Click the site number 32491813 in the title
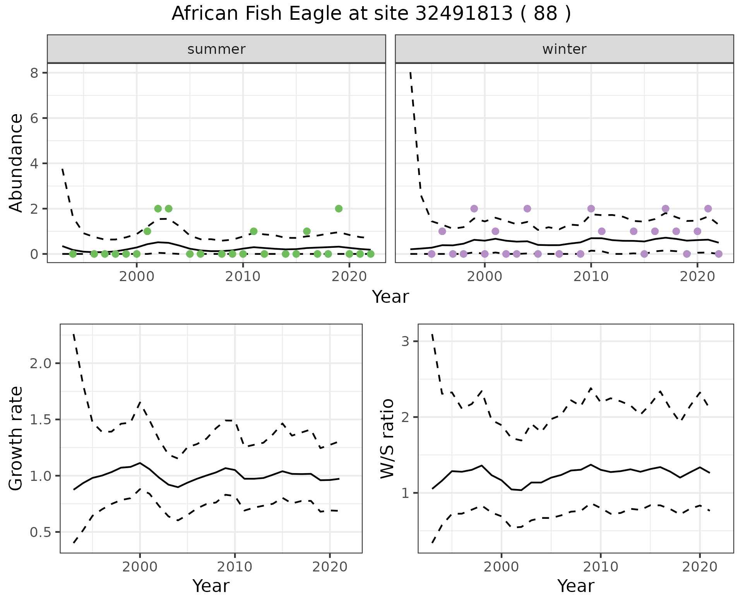(464, 14)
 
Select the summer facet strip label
(216, 49)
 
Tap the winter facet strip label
(564, 49)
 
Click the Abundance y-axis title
(16, 163)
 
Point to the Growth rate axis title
(16, 439)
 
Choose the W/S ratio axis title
(387, 439)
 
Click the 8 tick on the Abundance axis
(34, 73)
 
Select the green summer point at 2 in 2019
(339, 209)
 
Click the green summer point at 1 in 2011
(253, 231)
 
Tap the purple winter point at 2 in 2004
(527, 209)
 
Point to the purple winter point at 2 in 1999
(474, 209)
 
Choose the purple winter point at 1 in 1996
(442, 231)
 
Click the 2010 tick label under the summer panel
(243, 277)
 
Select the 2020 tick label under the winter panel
(697, 277)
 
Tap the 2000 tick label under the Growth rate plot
(140, 567)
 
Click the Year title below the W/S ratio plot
(575, 586)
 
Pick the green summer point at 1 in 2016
(307, 231)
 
